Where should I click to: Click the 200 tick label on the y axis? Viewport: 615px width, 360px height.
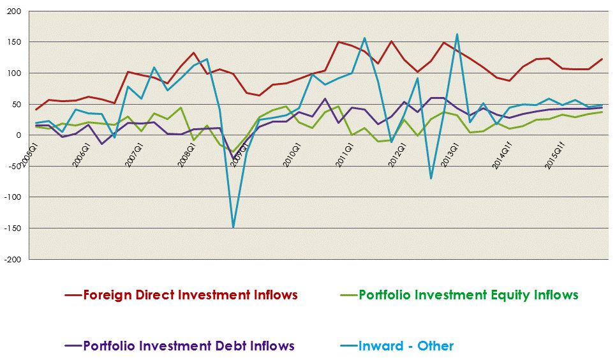(13, 11)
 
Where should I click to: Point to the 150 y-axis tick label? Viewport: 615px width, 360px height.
(13, 42)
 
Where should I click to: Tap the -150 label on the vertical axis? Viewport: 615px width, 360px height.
(12, 229)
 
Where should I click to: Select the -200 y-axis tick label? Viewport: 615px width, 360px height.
(12, 260)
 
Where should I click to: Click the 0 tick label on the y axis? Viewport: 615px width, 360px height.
(19, 135)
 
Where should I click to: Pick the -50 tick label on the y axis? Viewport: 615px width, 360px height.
(14, 167)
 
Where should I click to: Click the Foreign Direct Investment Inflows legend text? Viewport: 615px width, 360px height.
(190, 295)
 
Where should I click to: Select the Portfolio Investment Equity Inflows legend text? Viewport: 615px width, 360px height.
(468, 295)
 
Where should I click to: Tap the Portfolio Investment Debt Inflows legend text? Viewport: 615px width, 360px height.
(189, 346)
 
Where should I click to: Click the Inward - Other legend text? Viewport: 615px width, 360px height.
(406, 346)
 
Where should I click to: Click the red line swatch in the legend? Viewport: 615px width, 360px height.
(73, 296)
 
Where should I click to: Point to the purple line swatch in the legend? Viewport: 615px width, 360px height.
(73, 347)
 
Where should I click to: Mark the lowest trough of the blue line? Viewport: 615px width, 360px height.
(233, 227)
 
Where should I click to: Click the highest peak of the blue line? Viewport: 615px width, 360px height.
(457, 34)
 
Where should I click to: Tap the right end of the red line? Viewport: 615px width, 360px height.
(602, 59)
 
